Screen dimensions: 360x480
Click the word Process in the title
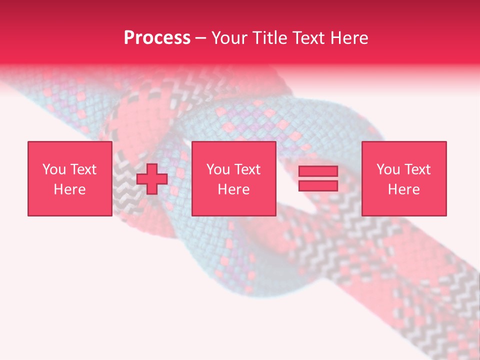157,38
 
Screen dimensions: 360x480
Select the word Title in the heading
270,38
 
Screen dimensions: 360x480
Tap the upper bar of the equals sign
318,171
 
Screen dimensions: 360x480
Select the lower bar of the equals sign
318,186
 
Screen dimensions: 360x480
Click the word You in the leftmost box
54,169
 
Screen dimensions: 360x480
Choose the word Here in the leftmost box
69,189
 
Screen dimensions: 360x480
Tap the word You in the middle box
218,169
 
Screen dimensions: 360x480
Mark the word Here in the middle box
233,189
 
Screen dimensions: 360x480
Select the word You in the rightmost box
388,169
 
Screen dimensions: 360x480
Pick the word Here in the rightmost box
403,189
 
